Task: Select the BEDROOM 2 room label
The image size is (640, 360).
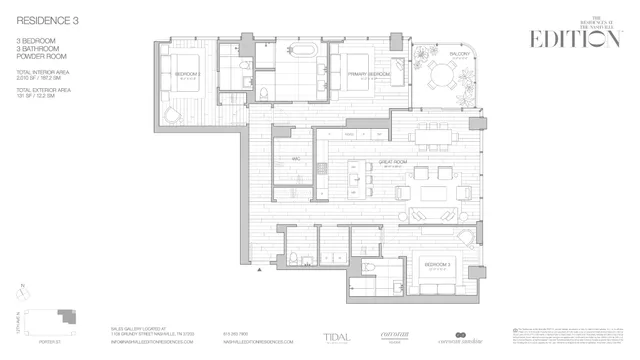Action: click(x=189, y=74)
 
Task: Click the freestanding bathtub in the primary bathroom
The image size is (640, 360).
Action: click(x=300, y=52)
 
